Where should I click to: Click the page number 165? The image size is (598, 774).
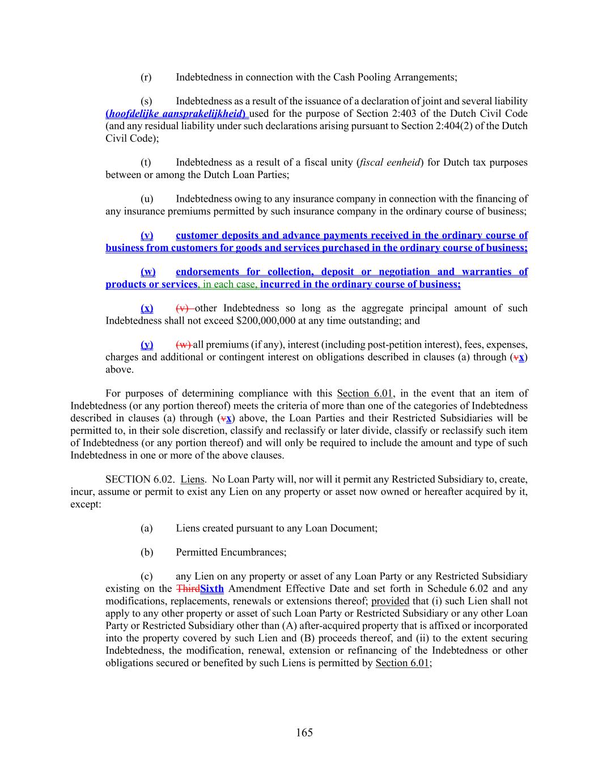point(304,733)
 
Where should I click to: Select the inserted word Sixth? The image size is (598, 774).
point(212,589)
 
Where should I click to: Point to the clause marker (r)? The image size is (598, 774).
point(146,77)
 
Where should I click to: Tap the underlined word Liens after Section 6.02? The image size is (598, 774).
point(193,480)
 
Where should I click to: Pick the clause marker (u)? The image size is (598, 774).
point(146,199)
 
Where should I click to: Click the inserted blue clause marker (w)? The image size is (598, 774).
point(148,272)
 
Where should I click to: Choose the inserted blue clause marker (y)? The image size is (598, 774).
point(147,345)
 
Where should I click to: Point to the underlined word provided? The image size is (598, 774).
point(390,601)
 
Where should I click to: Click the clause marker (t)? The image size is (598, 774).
point(146,163)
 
